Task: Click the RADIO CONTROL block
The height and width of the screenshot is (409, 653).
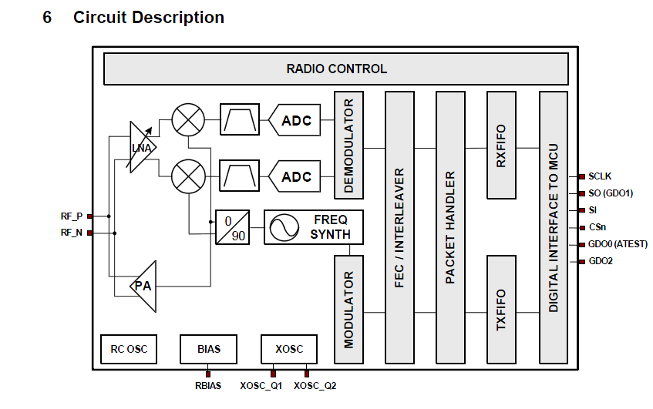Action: pyautogui.click(x=336, y=69)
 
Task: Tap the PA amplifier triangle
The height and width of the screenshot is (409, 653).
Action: pyautogui.click(x=144, y=286)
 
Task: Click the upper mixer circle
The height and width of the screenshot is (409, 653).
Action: pyautogui.click(x=187, y=120)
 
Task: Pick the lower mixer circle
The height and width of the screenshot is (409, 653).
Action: pyautogui.click(x=187, y=176)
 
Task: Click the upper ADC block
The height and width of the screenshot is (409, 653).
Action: pyautogui.click(x=295, y=120)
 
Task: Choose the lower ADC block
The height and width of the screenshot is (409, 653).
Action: pyautogui.click(x=295, y=177)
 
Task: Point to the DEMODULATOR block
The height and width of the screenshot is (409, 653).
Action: pyautogui.click(x=348, y=145)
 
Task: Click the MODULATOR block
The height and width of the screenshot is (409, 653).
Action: pyautogui.click(x=348, y=309)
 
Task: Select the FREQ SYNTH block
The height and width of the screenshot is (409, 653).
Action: pyautogui.click(x=313, y=227)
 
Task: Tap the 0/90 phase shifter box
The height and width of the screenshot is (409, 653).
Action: pyautogui.click(x=234, y=227)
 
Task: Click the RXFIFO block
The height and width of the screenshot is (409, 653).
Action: pyautogui.click(x=501, y=145)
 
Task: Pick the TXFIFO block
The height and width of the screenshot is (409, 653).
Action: pyautogui.click(x=501, y=309)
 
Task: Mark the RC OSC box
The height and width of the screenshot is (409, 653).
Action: pyautogui.click(x=128, y=349)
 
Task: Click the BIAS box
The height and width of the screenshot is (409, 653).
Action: pyautogui.click(x=208, y=349)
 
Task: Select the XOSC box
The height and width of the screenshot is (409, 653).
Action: pyautogui.click(x=289, y=349)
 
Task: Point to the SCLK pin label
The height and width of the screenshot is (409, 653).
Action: pyautogui.click(x=600, y=176)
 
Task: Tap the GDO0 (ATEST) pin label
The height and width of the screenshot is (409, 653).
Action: pyautogui.click(x=618, y=244)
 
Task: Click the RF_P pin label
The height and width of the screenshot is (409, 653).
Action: pyautogui.click(x=72, y=216)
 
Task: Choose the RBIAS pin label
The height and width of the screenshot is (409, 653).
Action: pyautogui.click(x=208, y=385)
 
